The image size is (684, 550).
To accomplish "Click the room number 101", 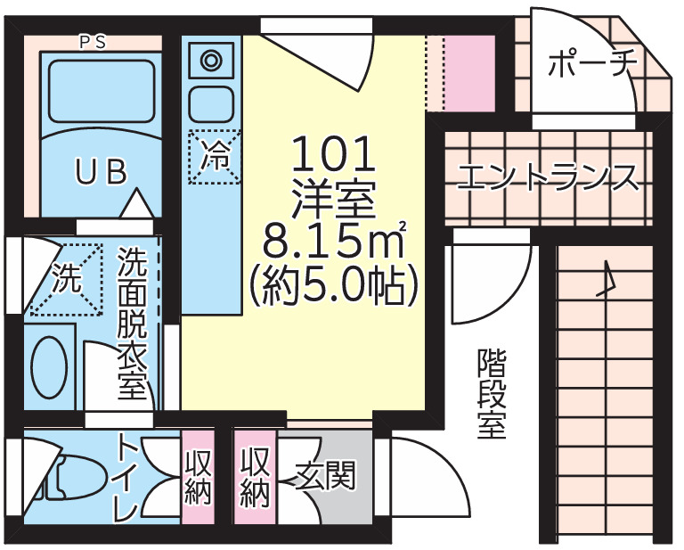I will click(x=333, y=158).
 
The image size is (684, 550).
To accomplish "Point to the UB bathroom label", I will click(x=100, y=172).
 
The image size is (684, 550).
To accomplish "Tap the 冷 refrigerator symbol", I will click(x=214, y=157).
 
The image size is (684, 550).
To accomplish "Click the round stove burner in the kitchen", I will click(x=213, y=61).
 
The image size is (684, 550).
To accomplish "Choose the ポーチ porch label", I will click(x=591, y=65).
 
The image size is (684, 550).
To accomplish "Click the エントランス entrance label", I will click(x=547, y=177).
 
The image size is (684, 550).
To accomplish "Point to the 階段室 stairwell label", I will click(x=491, y=393).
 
